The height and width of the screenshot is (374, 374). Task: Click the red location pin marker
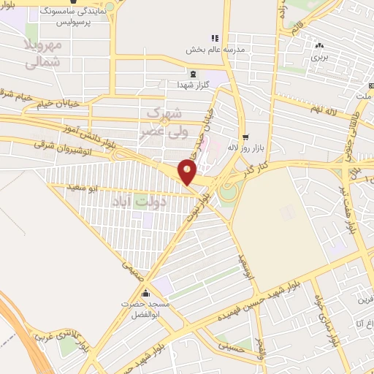(188, 172)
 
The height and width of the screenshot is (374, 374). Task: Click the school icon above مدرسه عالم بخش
(215, 38)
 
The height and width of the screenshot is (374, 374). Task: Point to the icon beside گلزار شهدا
(193, 74)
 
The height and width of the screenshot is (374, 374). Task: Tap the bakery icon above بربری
(319, 45)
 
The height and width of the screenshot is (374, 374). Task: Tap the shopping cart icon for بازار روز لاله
(245, 137)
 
